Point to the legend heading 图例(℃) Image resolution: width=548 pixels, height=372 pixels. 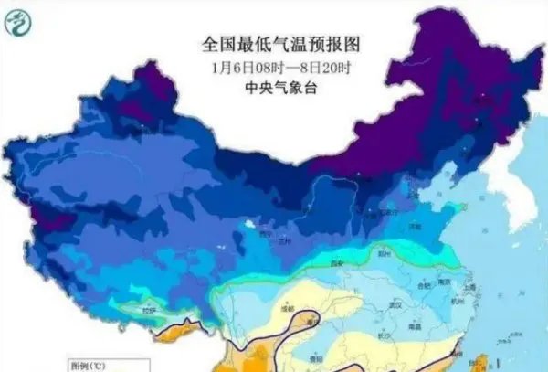pos(89,364)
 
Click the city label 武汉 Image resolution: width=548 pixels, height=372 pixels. pos(395,304)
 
